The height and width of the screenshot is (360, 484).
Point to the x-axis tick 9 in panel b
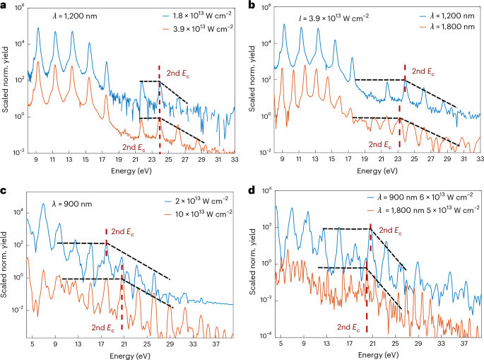click(283, 161)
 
